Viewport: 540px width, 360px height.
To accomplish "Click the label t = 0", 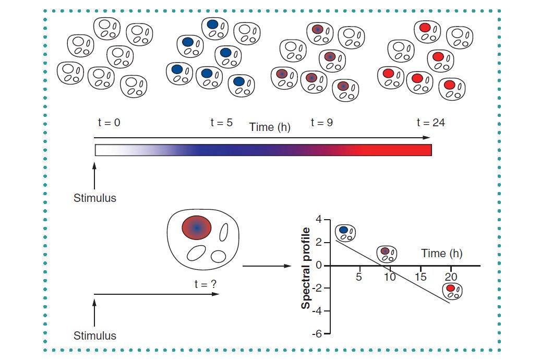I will pyautogui.click(x=109, y=123).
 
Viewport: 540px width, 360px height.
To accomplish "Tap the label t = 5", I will pyautogui.click(x=221, y=123).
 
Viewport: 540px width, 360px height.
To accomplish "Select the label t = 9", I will pyautogui.click(x=321, y=123).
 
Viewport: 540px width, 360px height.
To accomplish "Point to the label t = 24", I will pyautogui.click(x=430, y=123).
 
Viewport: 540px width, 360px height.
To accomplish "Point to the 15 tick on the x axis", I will pyautogui.click(x=420, y=276).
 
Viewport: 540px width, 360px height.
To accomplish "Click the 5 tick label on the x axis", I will pyautogui.click(x=359, y=276).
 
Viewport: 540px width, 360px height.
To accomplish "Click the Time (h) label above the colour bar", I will pyautogui.click(x=270, y=127).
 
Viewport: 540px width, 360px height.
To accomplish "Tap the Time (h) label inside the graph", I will pyautogui.click(x=441, y=254).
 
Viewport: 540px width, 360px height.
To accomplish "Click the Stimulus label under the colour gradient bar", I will pyautogui.click(x=94, y=198).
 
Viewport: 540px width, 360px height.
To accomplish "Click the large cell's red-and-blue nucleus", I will pyautogui.click(x=197, y=227).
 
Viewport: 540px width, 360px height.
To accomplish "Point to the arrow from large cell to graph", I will pyautogui.click(x=266, y=266).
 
